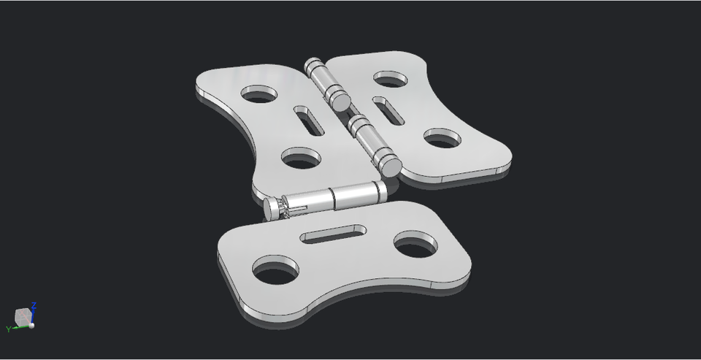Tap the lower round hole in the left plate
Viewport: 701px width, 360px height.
coord(302,157)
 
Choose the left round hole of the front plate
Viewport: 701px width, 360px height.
coord(275,271)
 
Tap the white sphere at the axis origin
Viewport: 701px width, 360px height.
coord(31,326)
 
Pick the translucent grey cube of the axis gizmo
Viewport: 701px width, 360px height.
coord(23,316)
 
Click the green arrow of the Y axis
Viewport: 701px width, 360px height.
coord(19,327)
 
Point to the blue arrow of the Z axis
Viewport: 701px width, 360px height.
coord(33,315)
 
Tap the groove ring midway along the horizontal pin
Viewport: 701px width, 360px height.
coord(332,196)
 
